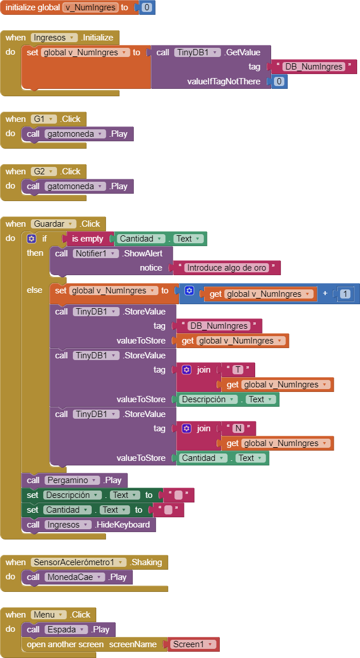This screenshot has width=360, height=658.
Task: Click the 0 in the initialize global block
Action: (147, 7)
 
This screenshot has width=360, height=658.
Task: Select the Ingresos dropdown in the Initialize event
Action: (54, 38)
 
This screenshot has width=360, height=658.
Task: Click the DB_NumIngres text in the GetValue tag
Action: (314, 67)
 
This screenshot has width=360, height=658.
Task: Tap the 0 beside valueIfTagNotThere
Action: (280, 81)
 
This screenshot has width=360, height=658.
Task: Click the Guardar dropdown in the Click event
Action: (54, 224)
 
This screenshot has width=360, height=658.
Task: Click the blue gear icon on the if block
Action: (31, 239)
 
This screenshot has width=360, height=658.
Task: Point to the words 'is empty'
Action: (87, 239)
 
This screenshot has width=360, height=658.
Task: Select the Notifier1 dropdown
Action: (96, 254)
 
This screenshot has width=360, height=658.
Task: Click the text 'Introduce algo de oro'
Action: (227, 268)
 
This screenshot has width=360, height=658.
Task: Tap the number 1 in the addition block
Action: (345, 294)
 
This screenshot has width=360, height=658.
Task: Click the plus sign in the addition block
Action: (325, 293)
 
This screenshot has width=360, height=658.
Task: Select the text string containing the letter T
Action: (238, 370)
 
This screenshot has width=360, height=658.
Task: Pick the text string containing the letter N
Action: (238, 428)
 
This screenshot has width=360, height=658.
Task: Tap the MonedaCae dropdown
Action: (75, 577)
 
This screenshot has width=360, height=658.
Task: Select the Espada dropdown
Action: (66, 630)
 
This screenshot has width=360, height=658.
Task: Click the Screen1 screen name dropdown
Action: (194, 644)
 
